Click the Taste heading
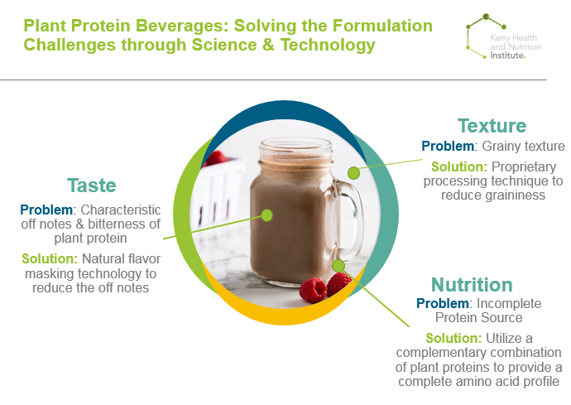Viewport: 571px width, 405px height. tap(92, 186)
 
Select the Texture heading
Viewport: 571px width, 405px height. tap(492, 126)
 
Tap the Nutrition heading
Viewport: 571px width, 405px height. tap(472, 285)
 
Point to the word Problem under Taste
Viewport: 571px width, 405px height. tap(46, 210)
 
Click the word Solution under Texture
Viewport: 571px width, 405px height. tap(458, 166)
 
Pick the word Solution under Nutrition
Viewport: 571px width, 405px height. tap(453, 338)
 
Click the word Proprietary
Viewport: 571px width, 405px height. tap(524, 167)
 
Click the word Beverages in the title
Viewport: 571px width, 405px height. tap(181, 27)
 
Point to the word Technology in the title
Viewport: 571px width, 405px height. tap(328, 46)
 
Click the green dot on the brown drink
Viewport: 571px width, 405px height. tap(267, 215)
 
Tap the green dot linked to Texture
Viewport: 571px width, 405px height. tap(353, 173)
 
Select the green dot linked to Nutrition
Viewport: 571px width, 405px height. tap(338, 266)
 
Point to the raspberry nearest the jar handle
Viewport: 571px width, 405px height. tap(338, 283)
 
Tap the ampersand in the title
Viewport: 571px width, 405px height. tap(267, 46)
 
